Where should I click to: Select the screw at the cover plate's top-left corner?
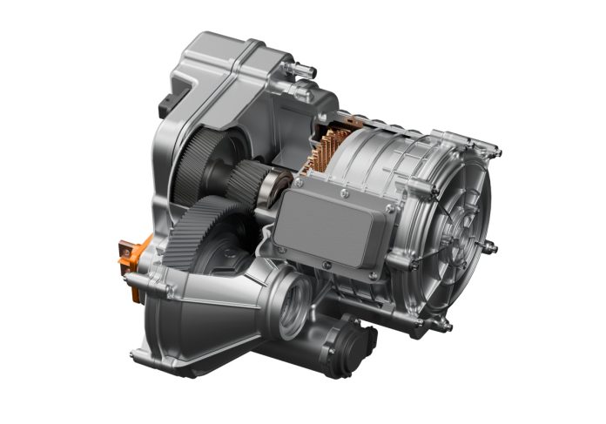299,184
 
